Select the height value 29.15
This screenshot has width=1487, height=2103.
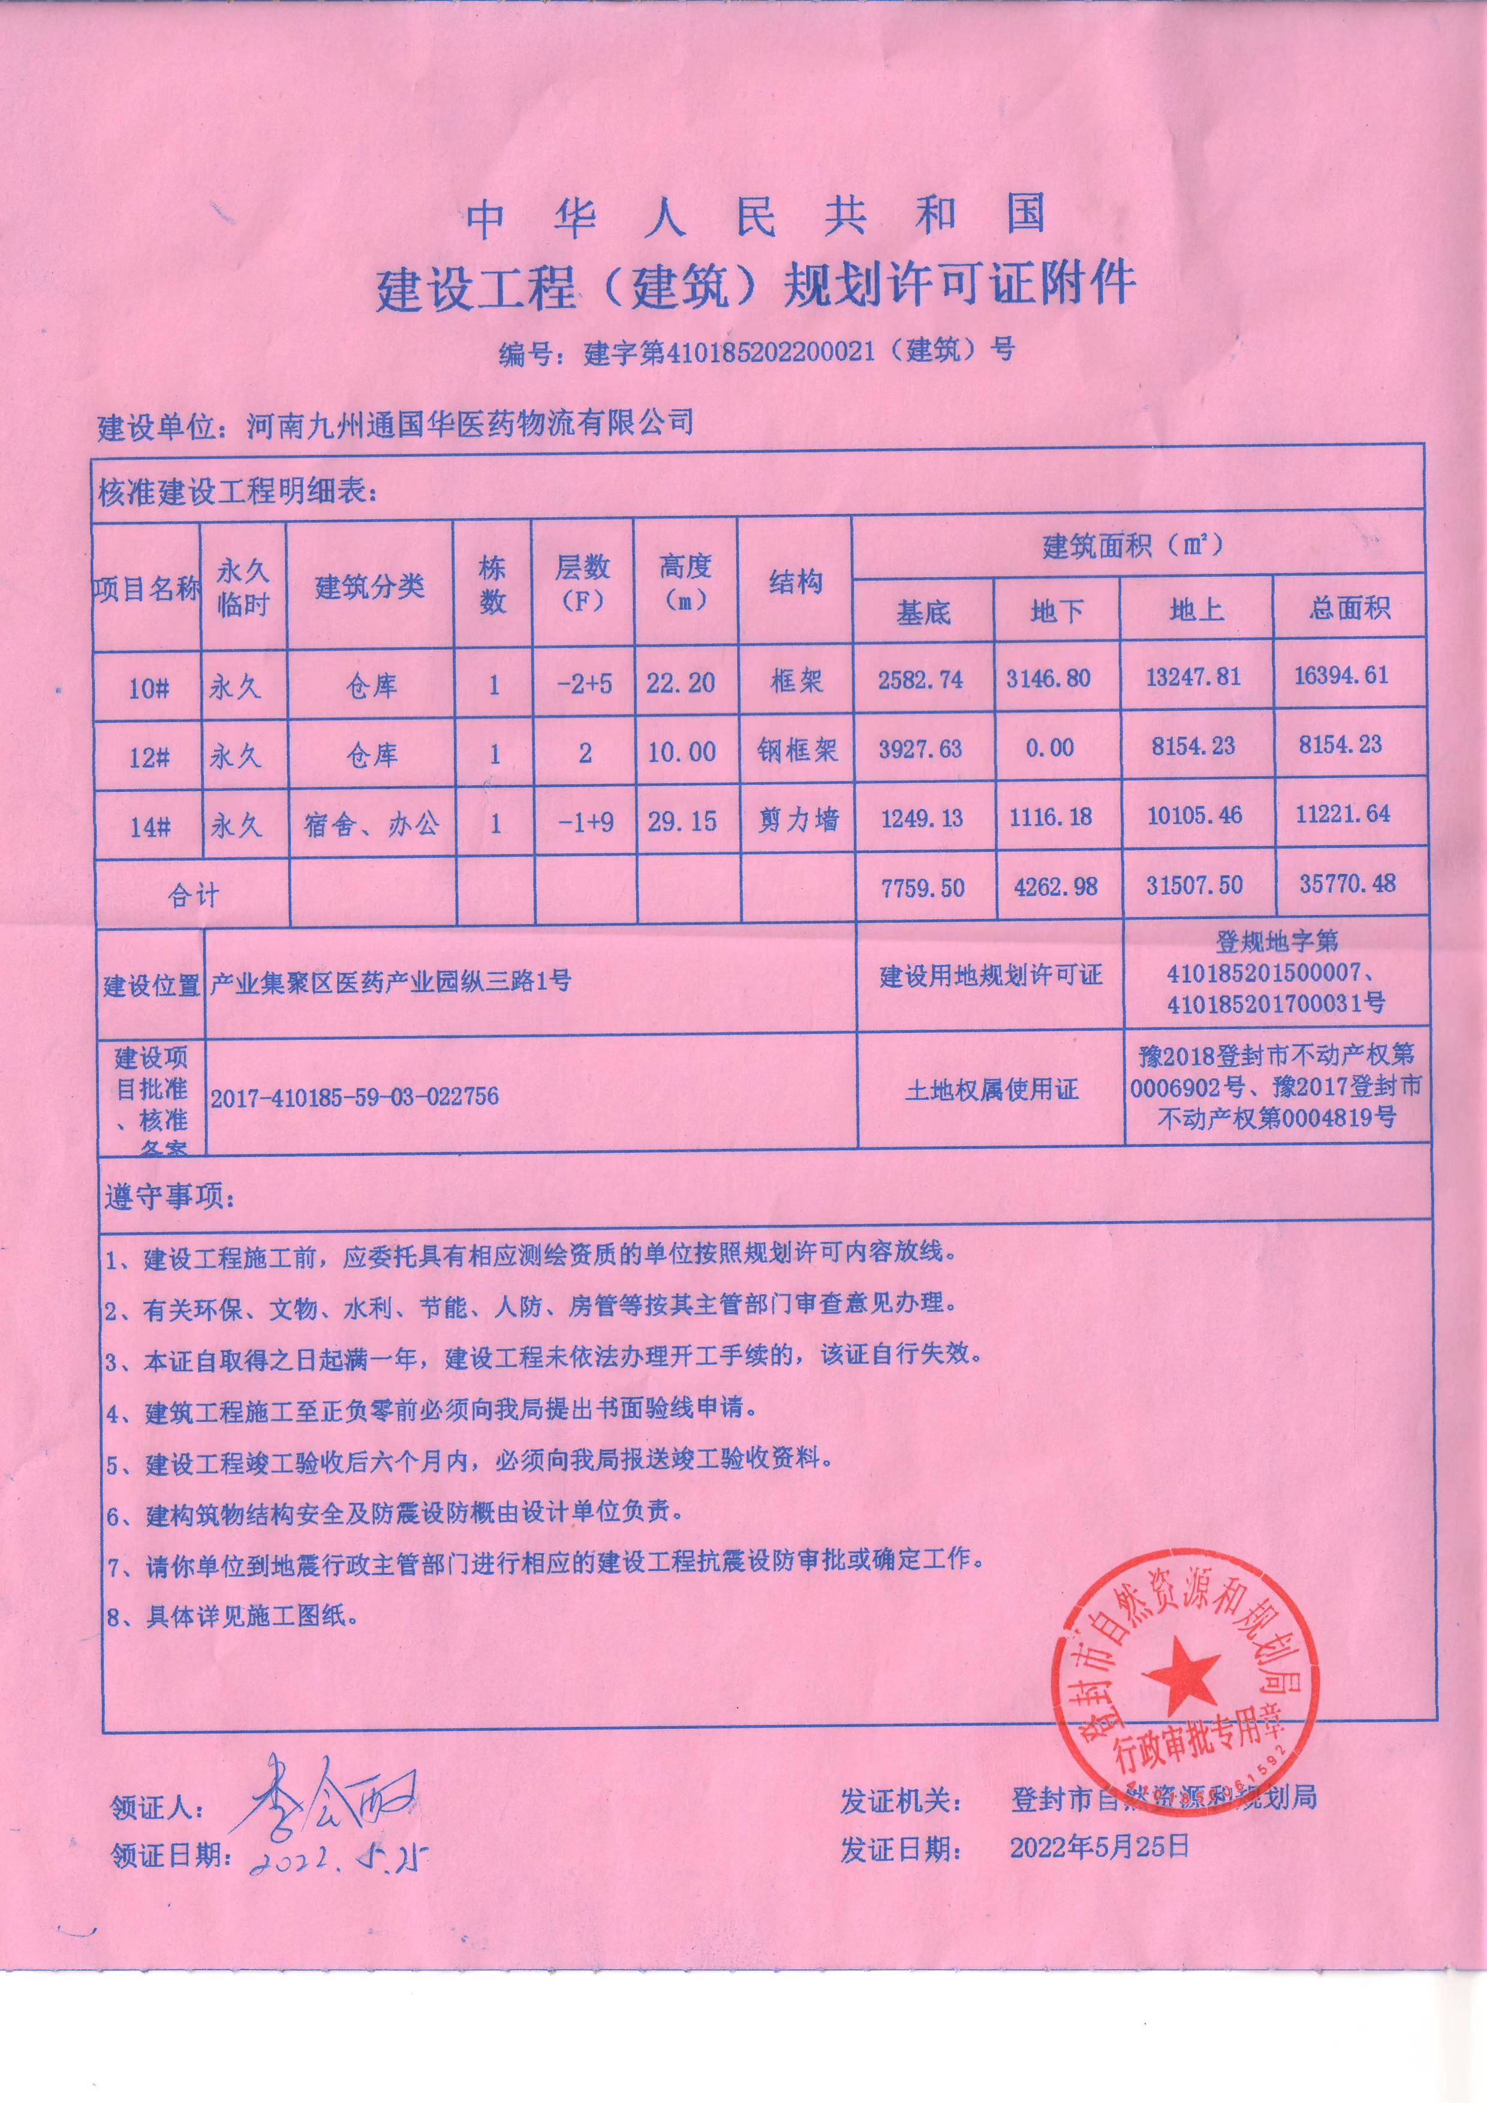coord(682,821)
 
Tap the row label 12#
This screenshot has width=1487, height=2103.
coord(149,757)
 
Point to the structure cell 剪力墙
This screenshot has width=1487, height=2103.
coord(797,819)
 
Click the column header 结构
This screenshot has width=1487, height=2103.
coord(795,583)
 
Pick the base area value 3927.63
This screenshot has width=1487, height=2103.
coord(920,748)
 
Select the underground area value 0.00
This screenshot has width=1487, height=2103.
coord(1049,748)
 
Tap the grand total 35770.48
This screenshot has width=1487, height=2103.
coord(1347,883)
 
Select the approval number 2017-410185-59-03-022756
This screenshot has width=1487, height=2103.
coord(354,1096)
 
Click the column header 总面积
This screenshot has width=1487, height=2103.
coord(1348,608)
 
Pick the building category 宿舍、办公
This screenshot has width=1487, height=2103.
coord(371,824)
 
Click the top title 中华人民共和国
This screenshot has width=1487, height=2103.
coord(756,217)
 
